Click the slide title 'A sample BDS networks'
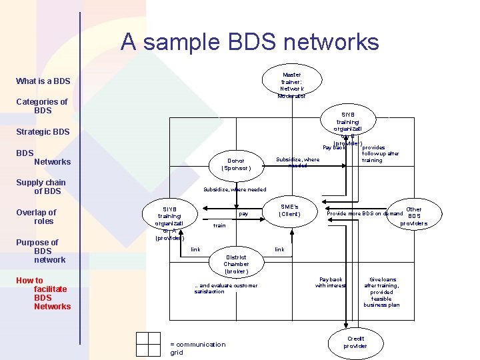[249, 43]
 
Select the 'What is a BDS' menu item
[43, 81]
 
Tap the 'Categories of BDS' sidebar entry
[41, 106]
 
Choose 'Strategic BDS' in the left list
[43, 132]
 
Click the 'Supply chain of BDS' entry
[41, 187]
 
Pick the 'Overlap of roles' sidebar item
[36, 217]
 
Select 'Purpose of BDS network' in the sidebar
[41, 251]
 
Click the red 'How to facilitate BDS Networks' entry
[43, 293]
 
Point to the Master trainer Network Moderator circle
[291, 85]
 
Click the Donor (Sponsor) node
[235, 165]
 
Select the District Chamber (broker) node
[236, 264]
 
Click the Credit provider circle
[355, 342]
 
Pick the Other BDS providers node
[414, 217]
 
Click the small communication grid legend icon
[147, 345]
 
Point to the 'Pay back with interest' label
[331, 283]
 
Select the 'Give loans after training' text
[382, 292]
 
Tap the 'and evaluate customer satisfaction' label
[225, 289]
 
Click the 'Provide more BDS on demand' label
[364, 213]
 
